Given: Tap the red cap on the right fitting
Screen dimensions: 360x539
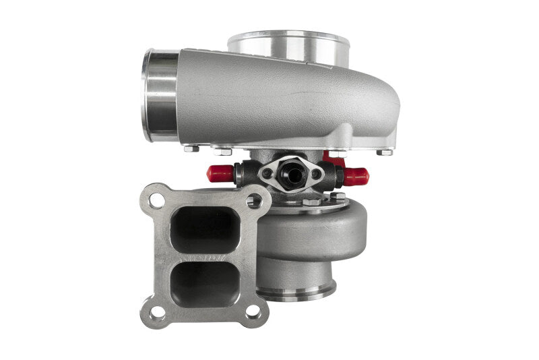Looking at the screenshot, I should pos(356,176).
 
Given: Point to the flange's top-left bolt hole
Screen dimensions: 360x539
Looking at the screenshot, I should pos(156,200).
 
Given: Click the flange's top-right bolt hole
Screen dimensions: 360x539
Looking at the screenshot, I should pos(255,200).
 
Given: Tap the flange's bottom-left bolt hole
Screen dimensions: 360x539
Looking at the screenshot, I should pos(156,312).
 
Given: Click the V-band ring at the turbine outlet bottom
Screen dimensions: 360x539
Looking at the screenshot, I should pos(296,291).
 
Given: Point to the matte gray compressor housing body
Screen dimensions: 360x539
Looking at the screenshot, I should pos(283,101).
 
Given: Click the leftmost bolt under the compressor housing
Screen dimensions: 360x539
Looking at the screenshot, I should pos(191,148).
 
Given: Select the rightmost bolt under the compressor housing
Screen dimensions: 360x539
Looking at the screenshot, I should pos(385,152).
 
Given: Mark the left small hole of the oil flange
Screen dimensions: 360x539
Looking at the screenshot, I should pos(267,173).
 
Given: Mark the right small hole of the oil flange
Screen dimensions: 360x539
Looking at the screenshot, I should pos(317,173).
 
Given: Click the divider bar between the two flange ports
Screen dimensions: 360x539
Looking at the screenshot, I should pos(205,256).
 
